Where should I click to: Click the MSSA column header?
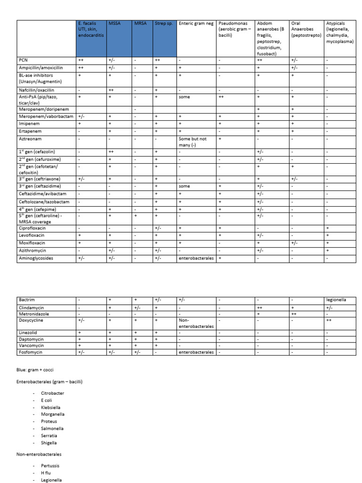[x=115, y=23]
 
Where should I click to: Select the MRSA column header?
[x=140, y=23]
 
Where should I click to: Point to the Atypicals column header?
[x=340, y=32]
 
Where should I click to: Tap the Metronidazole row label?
[x=33, y=314]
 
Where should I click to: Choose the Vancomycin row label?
[x=31, y=345]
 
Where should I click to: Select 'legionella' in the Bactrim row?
[x=337, y=300]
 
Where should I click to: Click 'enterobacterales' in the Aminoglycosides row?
[x=196, y=258]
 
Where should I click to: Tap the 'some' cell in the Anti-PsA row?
[x=184, y=96]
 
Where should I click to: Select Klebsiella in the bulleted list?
[x=50, y=407]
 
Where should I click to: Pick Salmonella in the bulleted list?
[x=52, y=428]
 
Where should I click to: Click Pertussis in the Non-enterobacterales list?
[x=50, y=466]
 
